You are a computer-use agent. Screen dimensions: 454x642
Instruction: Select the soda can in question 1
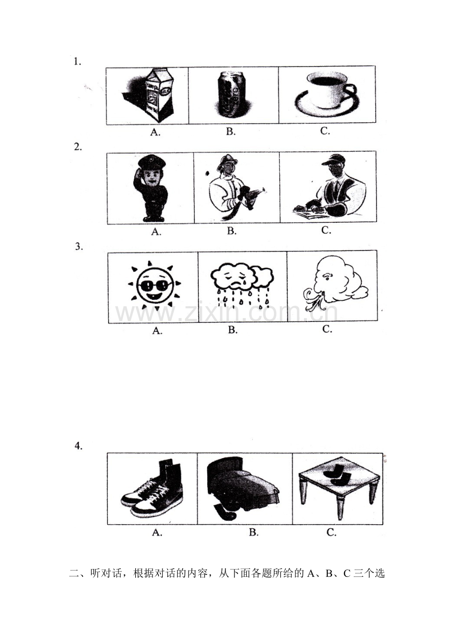coord(232,95)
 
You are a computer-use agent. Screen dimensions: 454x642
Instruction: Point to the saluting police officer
coord(151,188)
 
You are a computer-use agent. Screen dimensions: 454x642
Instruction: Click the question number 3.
coord(79,247)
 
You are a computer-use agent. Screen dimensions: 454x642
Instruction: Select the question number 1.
coord(77,62)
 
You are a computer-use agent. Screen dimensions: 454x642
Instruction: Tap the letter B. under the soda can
coord(231,132)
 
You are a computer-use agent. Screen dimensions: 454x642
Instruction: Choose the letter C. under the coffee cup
coord(325,131)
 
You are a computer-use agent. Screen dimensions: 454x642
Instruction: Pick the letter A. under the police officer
coord(156,232)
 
